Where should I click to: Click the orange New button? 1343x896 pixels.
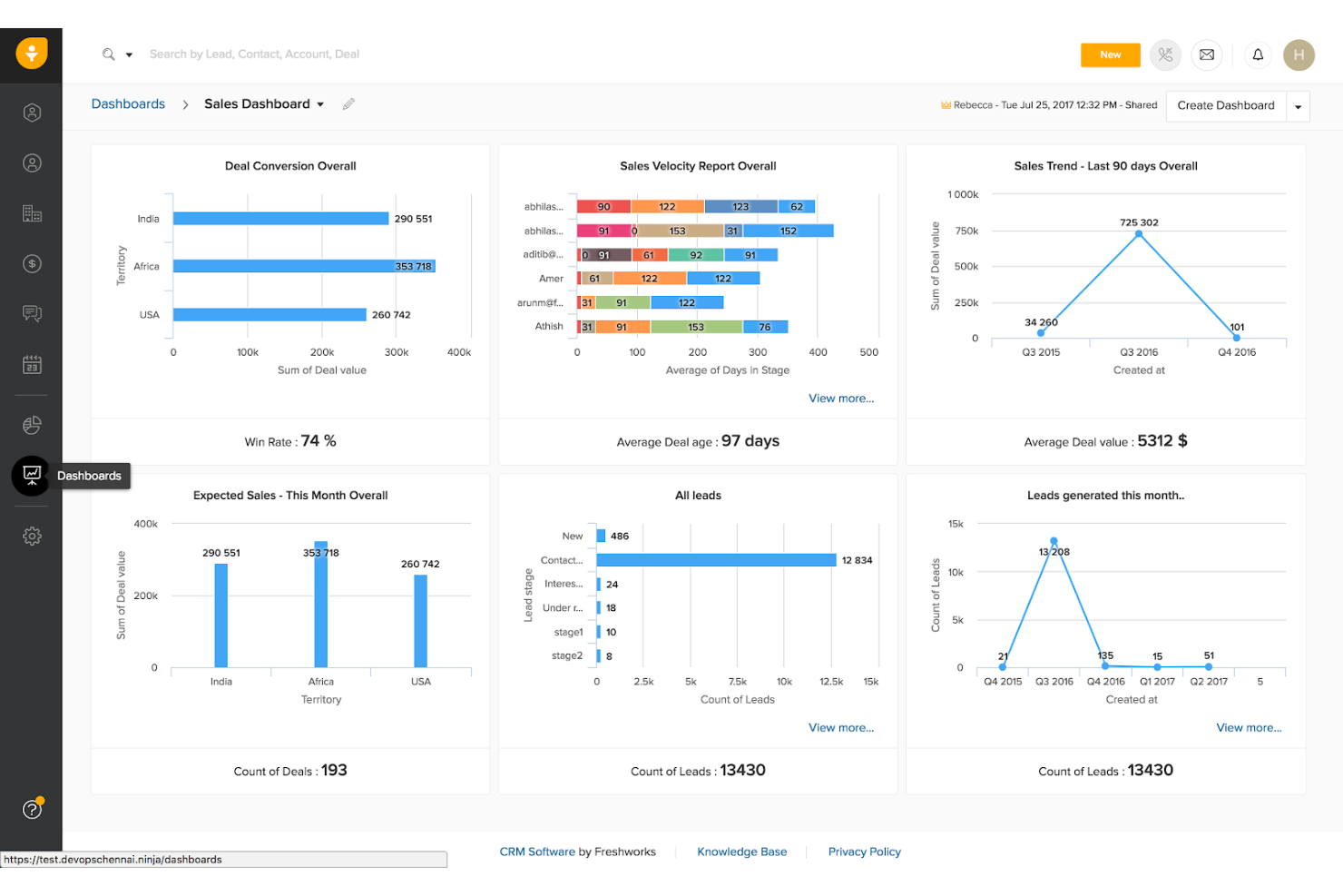(1110, 55)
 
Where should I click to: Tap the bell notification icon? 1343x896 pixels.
(1258, 55)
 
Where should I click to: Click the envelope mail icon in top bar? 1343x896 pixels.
(1206, 55)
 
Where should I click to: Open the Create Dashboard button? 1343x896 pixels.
(1225, 106)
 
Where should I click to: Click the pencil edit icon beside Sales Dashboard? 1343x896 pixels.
(348, 104)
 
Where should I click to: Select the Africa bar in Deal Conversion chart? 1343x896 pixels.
(303, 267)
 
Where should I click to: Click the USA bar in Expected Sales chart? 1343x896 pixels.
(420, 621)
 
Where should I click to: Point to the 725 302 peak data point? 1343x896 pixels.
(1139, 234)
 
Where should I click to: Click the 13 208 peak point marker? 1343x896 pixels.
(1054, 541)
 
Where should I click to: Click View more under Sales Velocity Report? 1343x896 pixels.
(840, 399)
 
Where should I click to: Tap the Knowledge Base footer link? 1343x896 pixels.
(741, 852)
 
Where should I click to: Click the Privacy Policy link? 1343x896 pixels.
(864, 852)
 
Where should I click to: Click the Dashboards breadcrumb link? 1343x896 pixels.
(128, 104)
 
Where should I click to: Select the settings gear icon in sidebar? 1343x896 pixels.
(32, 537)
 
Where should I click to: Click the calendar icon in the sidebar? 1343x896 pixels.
(32, 365)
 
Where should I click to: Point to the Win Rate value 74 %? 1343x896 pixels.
(318, 441)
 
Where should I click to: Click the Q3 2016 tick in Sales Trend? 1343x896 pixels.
(1139, 352)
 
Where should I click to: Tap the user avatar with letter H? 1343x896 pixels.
(1299, 55)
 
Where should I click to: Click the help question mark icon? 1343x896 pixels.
(32, 809)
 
